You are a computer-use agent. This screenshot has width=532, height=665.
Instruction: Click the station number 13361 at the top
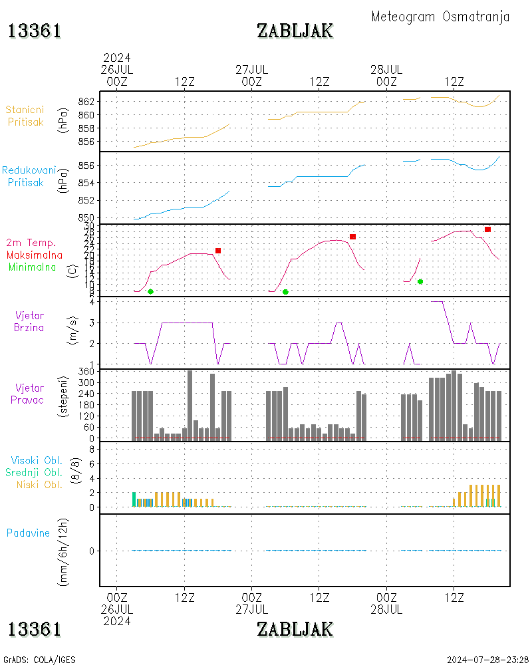tap(35, 31)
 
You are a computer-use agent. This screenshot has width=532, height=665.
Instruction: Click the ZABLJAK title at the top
tap(295, 31)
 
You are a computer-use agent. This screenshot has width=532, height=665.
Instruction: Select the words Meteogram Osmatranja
tap(440, 17)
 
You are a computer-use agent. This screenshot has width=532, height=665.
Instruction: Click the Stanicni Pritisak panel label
tap(25, 116)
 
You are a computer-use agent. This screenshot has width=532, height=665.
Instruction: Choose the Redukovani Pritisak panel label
tap(28, 176)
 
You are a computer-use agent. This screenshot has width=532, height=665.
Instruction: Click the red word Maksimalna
tap(35, 255)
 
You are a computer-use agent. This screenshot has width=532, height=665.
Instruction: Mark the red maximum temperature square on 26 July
tap(218, 251)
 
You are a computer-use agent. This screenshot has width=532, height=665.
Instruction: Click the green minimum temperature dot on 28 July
tap(420, 281)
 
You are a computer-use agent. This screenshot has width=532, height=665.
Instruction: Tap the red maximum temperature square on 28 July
tap(487, 229)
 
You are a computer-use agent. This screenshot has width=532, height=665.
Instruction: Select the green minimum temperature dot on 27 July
tap(285, 292)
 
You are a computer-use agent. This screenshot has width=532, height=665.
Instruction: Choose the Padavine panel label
tap(28, 533)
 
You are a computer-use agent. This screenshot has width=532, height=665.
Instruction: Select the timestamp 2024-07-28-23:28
tap(488, 660)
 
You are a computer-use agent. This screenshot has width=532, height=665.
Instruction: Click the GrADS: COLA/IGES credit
tap(39, 660)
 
